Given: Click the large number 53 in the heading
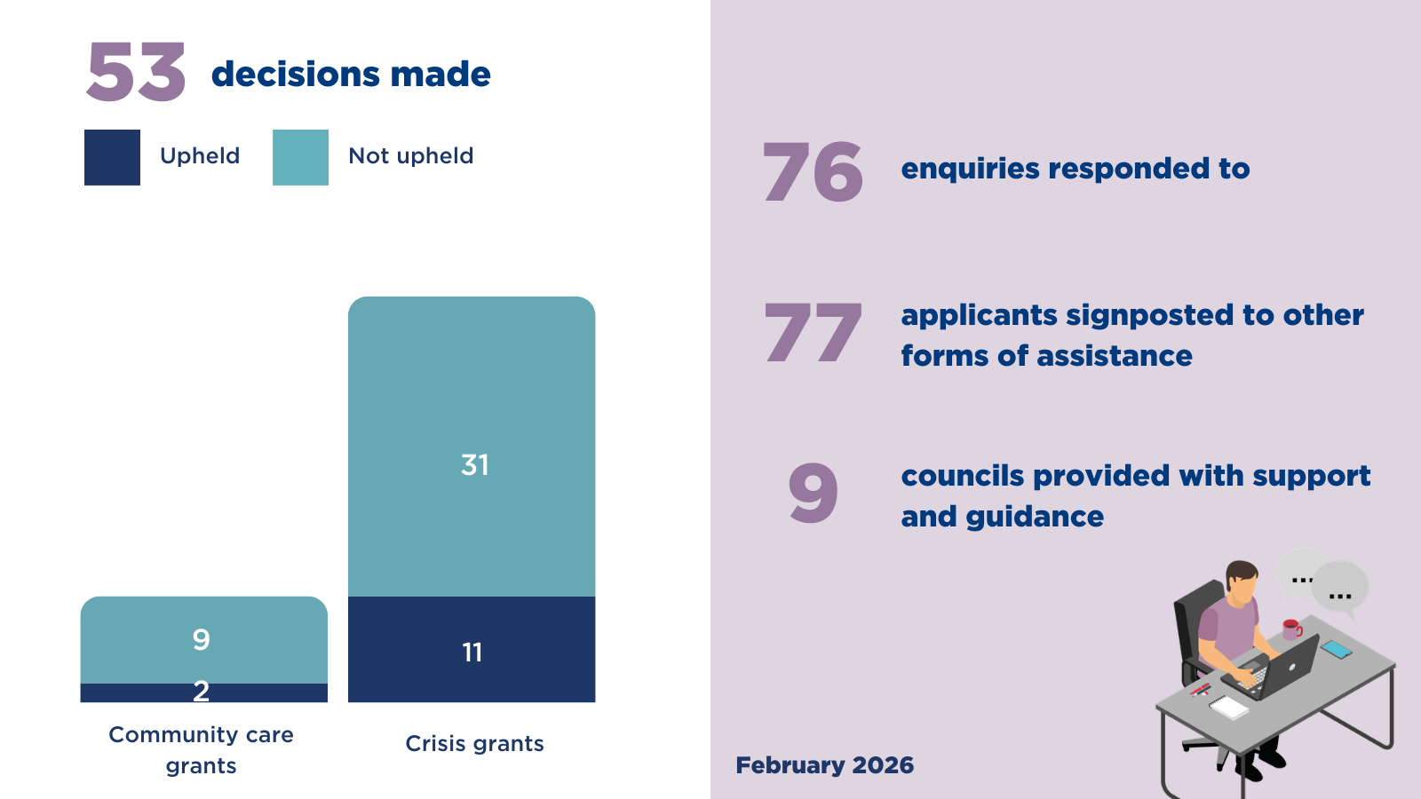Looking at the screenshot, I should click(x=136, y=73).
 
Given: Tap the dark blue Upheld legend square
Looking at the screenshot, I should click(x=112, y=157).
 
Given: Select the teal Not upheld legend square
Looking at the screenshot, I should click(x=300, y=157).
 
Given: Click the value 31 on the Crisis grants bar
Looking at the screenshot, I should click(x=474, y=464).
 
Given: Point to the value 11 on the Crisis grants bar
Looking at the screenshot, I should click(x=472, y=653).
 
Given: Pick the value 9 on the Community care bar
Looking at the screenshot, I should click(x=202, y=639).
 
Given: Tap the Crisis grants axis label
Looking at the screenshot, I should click(x=474, y=743).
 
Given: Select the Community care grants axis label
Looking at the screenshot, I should click(x=201, y=749).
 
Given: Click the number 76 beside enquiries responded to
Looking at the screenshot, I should click(x=812, y=172).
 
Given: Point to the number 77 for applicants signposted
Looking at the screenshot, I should click(x=812, y=333).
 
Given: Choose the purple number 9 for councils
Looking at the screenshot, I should click(x=813, y=494).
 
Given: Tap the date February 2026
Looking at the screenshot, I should click(x=824, y=765).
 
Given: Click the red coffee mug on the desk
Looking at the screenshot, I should click(x=1291, y=629).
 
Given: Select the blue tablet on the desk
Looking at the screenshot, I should click(x=1336, y=649).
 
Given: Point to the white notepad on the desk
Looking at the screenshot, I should click(x=1229, y=707).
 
